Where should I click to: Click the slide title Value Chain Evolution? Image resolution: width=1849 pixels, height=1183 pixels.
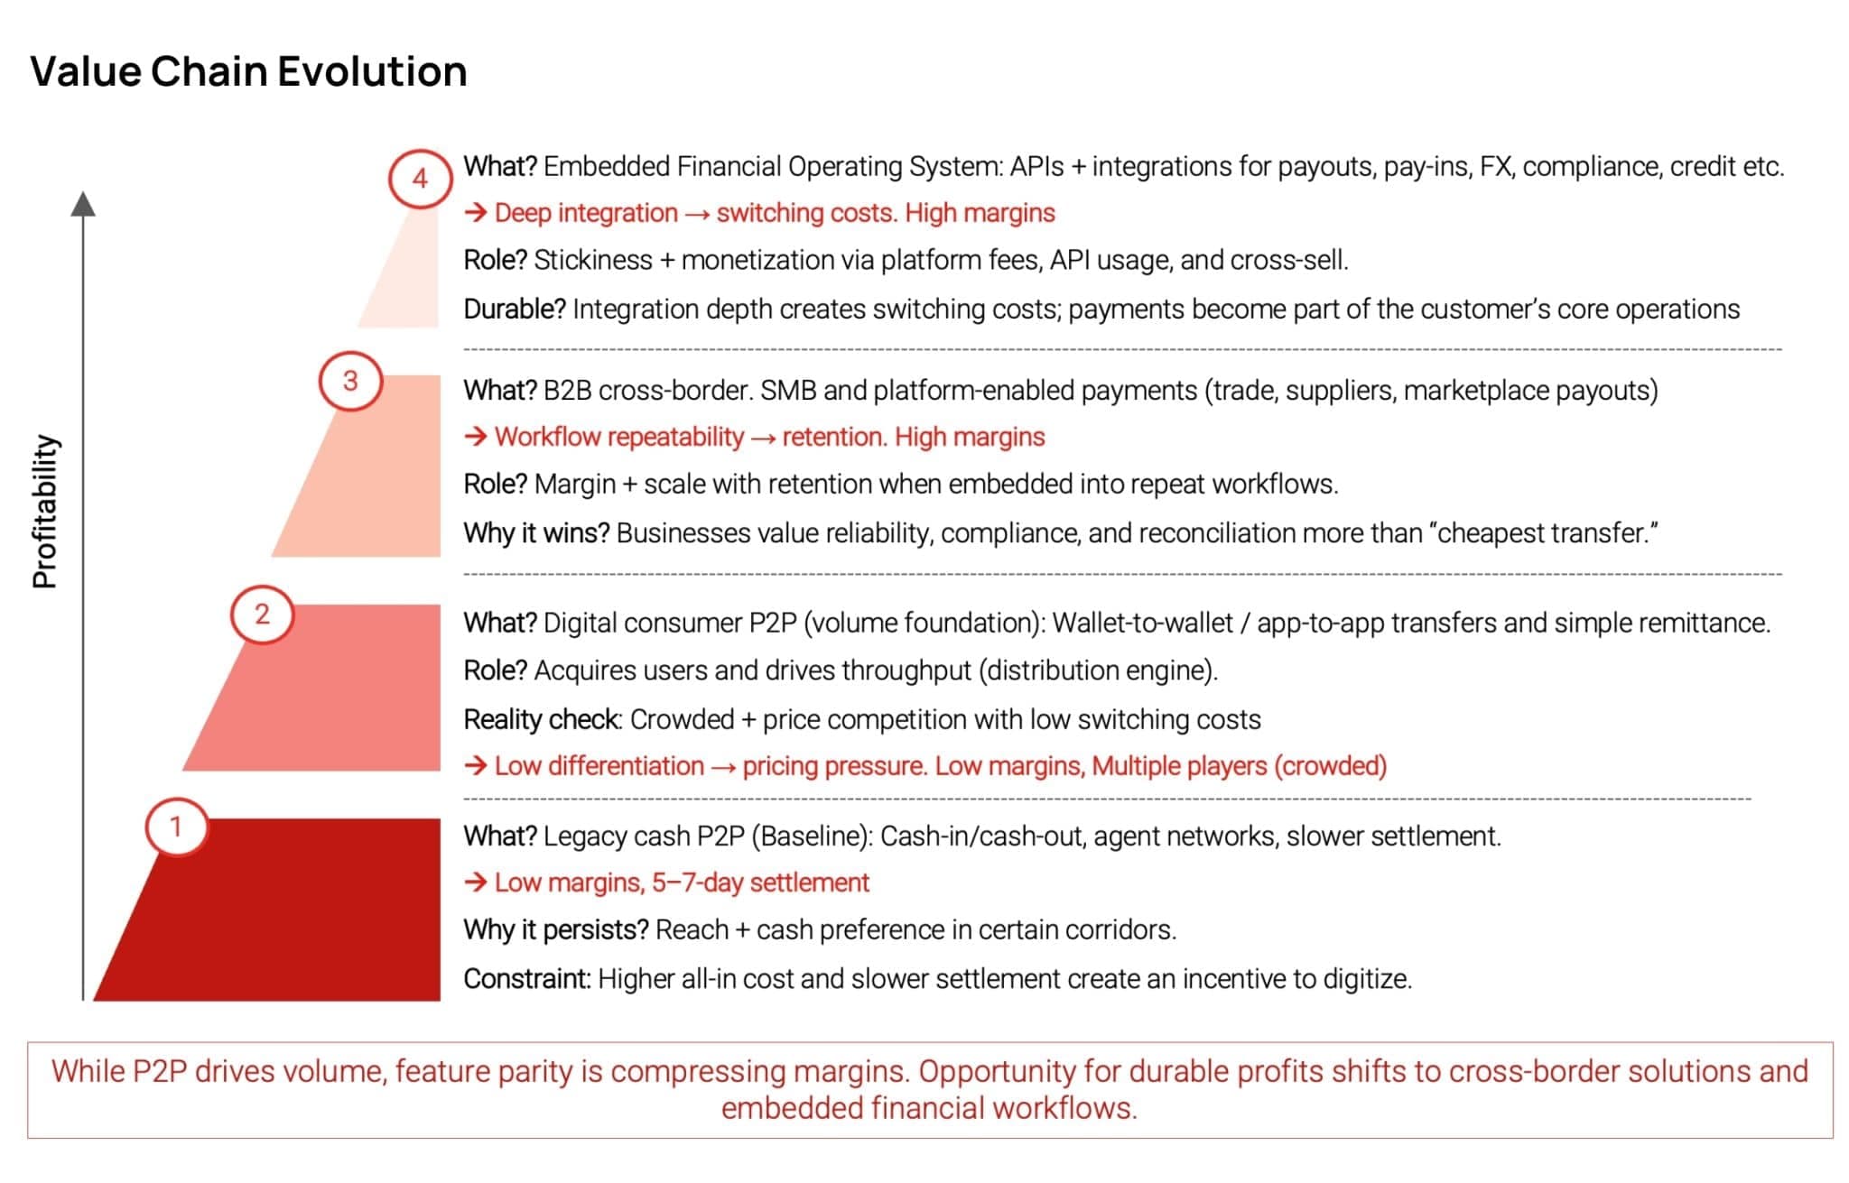click(248, 71)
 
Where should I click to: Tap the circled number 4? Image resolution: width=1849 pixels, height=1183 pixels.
click(420, 179)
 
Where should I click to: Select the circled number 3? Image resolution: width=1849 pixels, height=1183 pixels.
click(350, 381)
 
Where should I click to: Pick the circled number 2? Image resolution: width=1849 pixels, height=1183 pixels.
click(262, 615)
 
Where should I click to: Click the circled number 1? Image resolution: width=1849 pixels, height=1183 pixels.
click(176, 827)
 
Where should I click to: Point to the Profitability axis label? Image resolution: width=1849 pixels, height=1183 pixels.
click(45, 512)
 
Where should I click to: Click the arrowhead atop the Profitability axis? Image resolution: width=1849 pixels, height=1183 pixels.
click(83, 204)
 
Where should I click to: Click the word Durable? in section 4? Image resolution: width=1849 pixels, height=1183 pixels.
click(515, 310)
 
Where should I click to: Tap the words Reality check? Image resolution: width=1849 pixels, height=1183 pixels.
click(542, 719)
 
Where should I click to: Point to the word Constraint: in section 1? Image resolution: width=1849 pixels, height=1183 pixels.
click(527, 978)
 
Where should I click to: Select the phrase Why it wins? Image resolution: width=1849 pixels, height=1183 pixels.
click(537, 533)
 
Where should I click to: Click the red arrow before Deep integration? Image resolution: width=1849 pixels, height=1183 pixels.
click(476, 213)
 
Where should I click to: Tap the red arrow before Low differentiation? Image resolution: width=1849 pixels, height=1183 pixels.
click(476, 766)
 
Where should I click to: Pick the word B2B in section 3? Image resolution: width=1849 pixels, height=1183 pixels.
click(567, 391)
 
